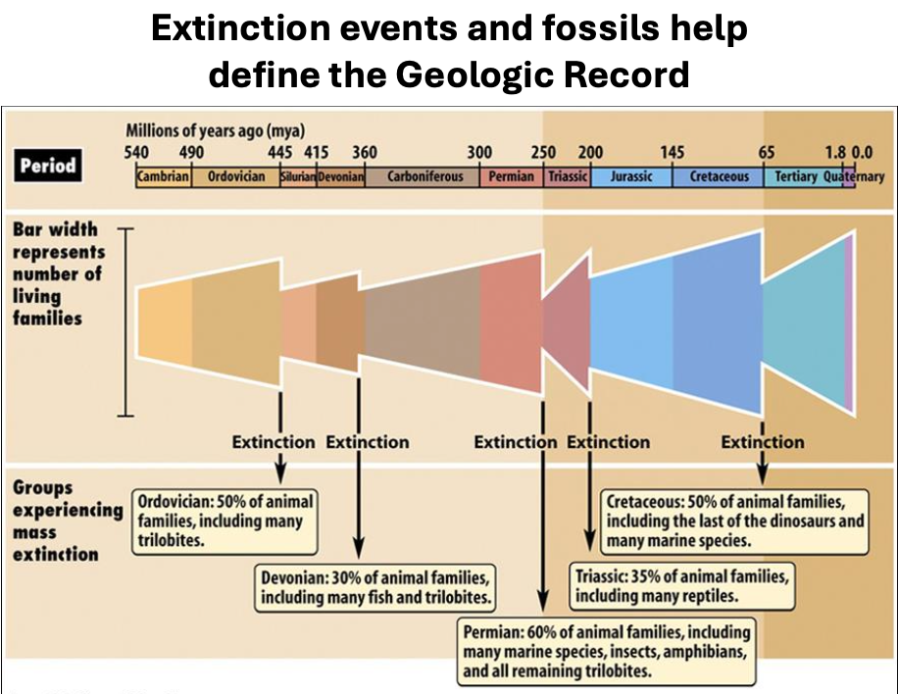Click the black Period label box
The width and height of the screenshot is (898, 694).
(47, 165)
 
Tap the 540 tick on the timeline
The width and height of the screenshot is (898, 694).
(136, 153)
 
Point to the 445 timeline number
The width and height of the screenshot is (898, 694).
(280, 153)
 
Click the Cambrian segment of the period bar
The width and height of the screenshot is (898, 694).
(164, 177)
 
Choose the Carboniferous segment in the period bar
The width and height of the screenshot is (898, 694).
(424, 177)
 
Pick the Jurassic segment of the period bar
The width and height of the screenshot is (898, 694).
(630, 177)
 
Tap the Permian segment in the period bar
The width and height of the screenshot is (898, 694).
(511, 177)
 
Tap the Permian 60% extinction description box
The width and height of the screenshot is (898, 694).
(607, 651)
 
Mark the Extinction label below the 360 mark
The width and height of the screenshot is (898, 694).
(367, 442)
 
